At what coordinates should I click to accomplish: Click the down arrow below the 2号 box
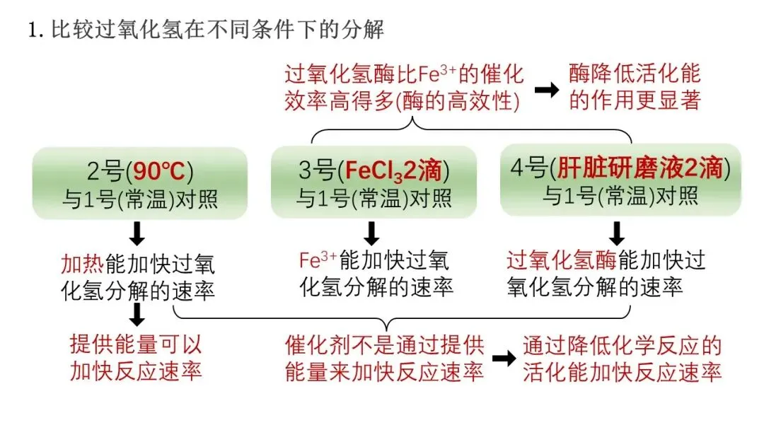tap(139, 233)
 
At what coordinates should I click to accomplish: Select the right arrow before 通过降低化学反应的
tap(504, 358)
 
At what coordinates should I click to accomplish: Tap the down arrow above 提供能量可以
tap(139, 315)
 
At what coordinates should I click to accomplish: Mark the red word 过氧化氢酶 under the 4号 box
tap(562, 261)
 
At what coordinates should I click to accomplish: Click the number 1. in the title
tap(36, 31)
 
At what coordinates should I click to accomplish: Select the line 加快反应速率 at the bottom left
tap(136, 371)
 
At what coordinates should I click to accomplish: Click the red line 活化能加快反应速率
tap(623, 371)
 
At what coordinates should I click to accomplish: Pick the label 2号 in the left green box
tap(107, 173)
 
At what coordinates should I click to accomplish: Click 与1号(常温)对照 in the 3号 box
tap(374, 199)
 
